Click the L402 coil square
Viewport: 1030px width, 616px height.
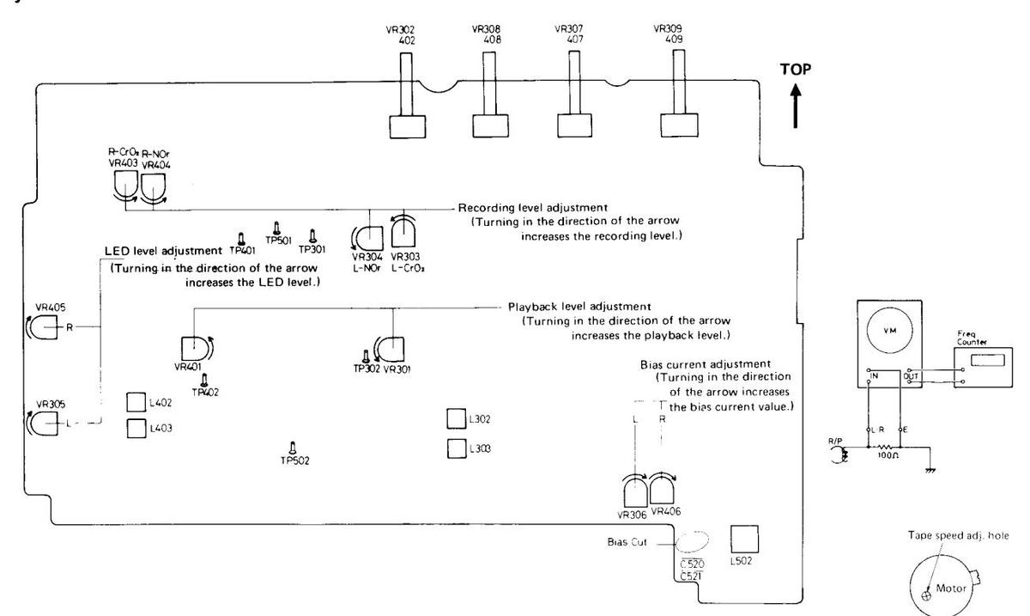pyautogui.click(x=136, y=402)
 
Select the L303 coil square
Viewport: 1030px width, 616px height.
pyautogui.click(x=457, y=448)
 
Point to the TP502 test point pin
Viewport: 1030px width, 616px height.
pyautogui.click(x=293, y=447)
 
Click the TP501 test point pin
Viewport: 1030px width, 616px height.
pyautogui.click(x=276, y=228)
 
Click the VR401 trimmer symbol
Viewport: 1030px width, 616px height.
pyautogui.click(x=193, y=349)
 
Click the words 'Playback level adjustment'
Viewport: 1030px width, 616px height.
pyautogui.click(x=579, y=306)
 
